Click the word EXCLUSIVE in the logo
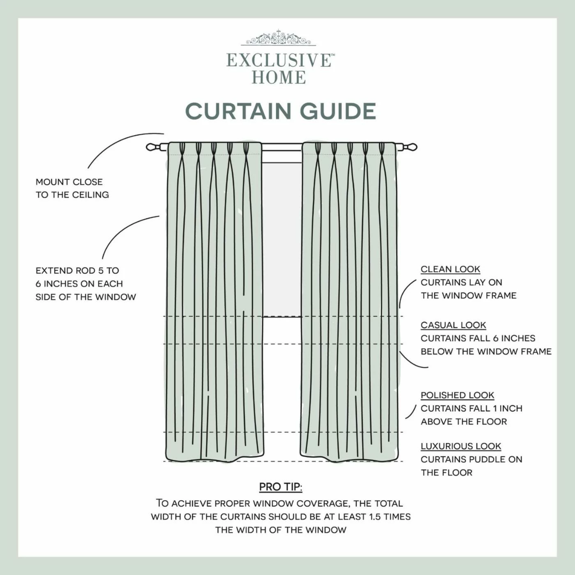278,60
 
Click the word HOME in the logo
279,77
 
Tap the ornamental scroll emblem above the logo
278,39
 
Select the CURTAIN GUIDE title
281,111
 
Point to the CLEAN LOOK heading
450,269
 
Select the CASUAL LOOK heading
453,325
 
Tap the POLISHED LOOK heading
457,396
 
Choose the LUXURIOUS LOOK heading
461,446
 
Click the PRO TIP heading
281,487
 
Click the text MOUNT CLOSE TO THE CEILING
72,189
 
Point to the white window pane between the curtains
282,238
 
